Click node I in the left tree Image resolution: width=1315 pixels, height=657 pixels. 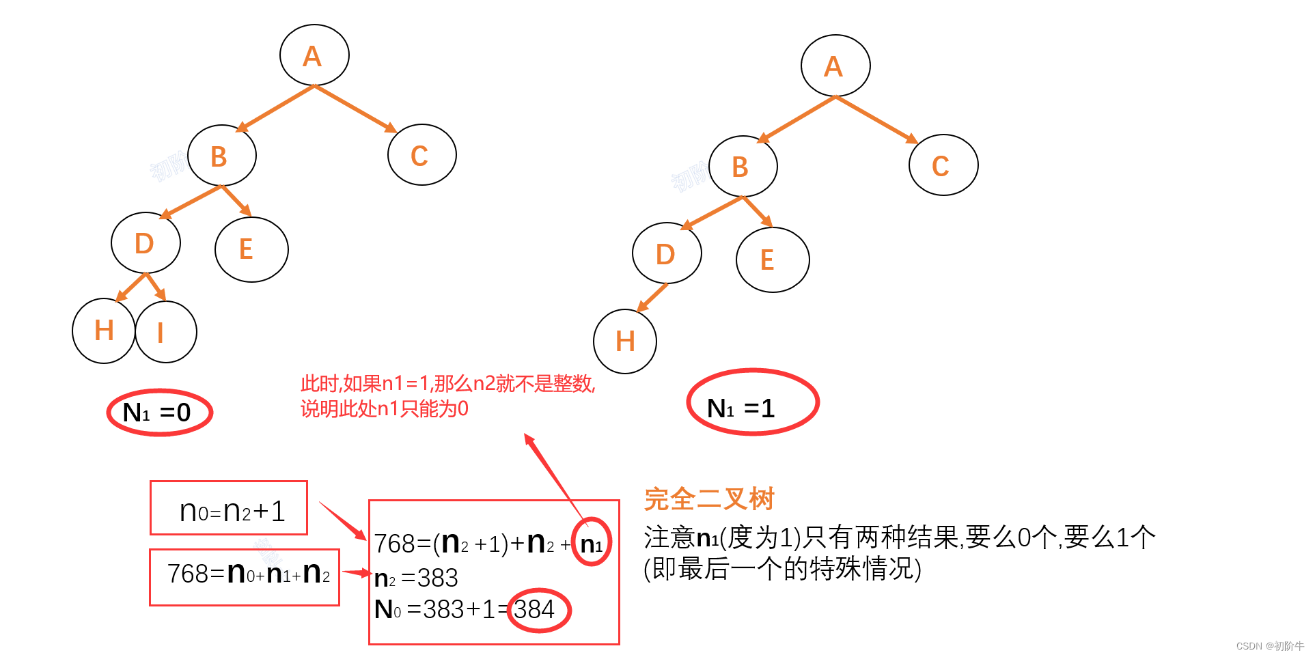click(x=166, y=333)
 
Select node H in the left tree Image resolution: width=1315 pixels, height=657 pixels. click(x=104, y=331)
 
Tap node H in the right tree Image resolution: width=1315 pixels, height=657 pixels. click(x=625, y=341)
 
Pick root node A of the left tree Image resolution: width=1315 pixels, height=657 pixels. click(x=314, y=56)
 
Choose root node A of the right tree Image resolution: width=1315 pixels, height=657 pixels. click(x=835, y=66)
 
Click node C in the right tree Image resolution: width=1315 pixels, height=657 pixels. click(x=943, y=165)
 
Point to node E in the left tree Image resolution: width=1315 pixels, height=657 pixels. click(x=251, y=249)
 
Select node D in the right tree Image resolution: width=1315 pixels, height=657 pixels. click(x=667, y=254)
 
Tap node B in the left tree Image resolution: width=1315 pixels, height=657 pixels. click(x=221, y=156)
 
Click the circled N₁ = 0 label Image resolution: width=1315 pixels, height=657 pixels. click(x=159, y=413)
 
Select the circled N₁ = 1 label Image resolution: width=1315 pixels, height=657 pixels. click(x=752, y=402)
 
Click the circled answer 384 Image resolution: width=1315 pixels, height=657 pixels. click(x=539, y=610)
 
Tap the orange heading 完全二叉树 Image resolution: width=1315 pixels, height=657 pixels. click(x=709, y=499)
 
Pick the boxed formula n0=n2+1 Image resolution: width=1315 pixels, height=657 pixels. click(x=229, y=509)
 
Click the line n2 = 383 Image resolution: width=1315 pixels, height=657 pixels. click(x=417, y=578)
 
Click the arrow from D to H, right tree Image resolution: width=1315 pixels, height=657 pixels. click(x=652, y=297)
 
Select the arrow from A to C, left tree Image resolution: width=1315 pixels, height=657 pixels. click(x=355, y=108)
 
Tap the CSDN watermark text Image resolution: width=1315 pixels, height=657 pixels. click(x=1269, y=646)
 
